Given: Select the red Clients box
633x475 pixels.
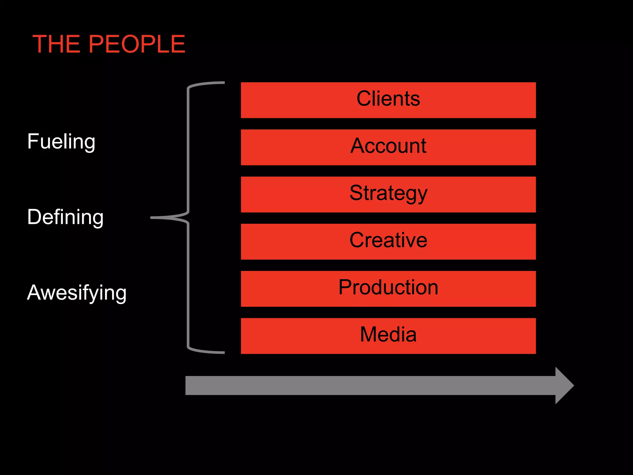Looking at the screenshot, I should tap(388, 100).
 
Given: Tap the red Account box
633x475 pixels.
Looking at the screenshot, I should tap(388, 147).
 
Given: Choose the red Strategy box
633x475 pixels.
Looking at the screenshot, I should tap(388, 194).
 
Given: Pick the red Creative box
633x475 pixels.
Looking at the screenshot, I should tap(388, 242).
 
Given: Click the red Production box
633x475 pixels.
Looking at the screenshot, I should tap(388, 289).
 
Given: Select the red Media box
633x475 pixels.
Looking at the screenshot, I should tap(388, 336).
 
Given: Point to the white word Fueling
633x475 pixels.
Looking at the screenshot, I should tap(61, 142).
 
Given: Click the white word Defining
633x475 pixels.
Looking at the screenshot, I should tap(65, 217).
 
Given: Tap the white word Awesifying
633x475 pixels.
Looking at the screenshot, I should tap(77, 293).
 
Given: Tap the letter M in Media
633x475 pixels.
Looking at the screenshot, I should tap(369, 334).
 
